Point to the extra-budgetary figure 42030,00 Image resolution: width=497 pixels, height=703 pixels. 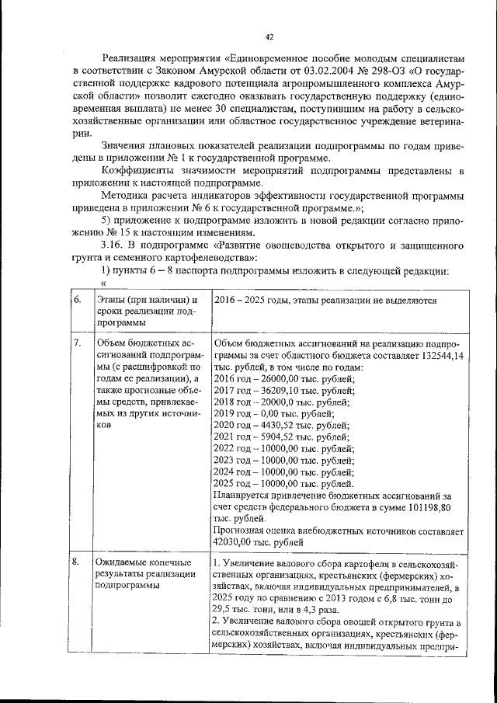[x=237, y=544]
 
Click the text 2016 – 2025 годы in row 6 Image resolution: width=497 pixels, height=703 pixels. [x=249, y=300]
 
